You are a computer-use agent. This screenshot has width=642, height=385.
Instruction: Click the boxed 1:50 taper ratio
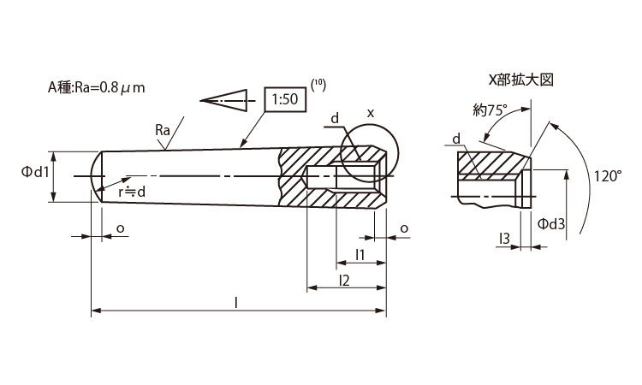[283, 100]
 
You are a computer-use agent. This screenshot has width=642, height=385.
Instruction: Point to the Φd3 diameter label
[551, 223]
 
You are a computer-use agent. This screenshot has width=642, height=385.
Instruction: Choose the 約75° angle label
[490, 110]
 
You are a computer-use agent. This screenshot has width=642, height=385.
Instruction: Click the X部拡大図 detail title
[521, 80]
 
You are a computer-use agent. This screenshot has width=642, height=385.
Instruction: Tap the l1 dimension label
[360, 254]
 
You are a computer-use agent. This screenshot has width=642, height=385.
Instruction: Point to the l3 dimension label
[504, 237]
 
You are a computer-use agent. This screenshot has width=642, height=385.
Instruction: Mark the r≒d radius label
[132, 192]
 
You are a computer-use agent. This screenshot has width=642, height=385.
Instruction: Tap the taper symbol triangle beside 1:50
[224, 100]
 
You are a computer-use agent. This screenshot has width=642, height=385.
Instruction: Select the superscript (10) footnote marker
[318, 84]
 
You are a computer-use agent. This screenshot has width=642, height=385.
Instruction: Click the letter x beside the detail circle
[370, 112]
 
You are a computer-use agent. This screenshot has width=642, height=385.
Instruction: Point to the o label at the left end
[119, 228]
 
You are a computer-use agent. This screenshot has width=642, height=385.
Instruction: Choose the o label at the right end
[403, 228]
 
